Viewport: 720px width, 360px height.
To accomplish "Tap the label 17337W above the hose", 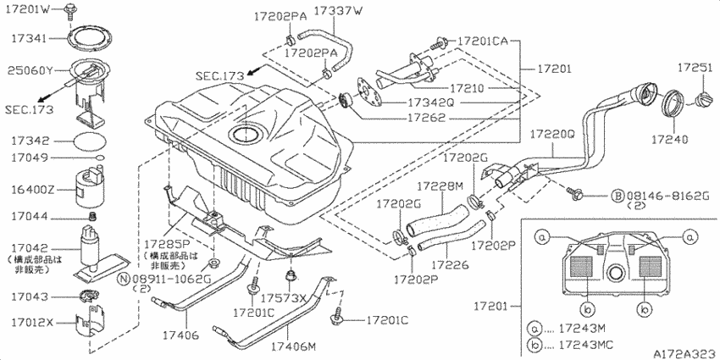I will [x=338, y=12].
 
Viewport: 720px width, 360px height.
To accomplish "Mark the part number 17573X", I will [x=284, y=298].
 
